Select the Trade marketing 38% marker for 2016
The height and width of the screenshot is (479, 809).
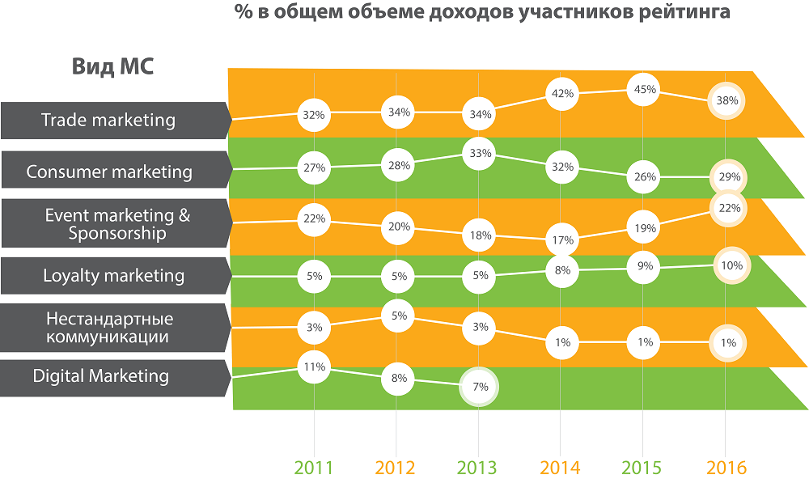point(726,102)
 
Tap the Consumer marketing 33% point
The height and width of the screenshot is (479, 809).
point(480,154)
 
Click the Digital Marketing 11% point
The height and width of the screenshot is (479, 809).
point(314,367)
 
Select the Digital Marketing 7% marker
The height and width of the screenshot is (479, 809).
point(480,387)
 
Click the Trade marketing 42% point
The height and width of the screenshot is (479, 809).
point(561,93)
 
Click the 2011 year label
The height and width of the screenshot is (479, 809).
point(314,468)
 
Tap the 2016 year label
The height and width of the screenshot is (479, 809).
point(726,468)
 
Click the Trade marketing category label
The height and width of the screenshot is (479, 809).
point(108,121)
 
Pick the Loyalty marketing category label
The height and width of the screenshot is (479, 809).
point(113,276)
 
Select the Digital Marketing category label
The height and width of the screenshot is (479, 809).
point(101,376)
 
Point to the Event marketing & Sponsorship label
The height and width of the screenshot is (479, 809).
point(117,224)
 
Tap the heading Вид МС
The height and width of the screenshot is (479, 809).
point(112,66)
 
